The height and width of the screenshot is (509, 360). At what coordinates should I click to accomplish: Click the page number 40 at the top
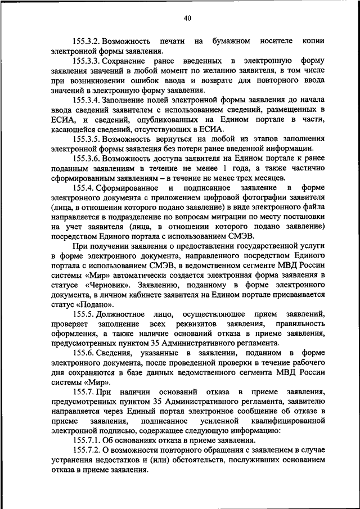tap(187, 19)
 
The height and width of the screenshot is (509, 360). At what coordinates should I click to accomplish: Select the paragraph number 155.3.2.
tap(85, 42)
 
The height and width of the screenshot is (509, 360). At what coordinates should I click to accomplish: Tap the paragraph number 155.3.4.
tap(85, 100)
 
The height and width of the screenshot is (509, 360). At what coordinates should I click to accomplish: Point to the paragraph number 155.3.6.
tap(85, 158)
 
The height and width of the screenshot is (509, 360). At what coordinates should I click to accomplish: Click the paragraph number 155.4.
tap(82, 187)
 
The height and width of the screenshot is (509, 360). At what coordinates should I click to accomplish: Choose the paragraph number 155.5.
tap(82, 314)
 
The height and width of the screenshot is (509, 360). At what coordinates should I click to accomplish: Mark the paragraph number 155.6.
tap(82, 353)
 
